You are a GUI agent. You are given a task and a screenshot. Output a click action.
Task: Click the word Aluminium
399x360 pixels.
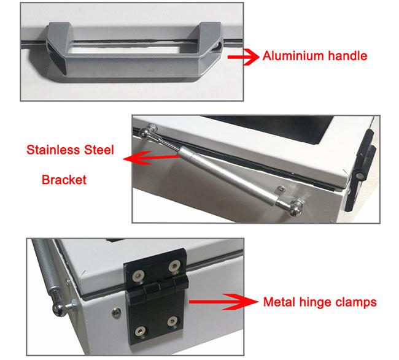pyautogui.click(x=293, y=56)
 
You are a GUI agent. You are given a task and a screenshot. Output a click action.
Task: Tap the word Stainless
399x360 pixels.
pyautogui.click(x=53, y=150)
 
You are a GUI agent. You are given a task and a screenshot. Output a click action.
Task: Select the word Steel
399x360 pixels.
pyautogui.click(x=99, y=150)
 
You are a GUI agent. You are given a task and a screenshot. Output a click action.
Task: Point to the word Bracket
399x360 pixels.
pyautogui.click(x=64, y=180)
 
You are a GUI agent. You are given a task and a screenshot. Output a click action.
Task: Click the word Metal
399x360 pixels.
pyautogui.click(x=279, y=302)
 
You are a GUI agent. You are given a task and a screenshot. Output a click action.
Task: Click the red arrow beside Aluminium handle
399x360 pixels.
pyautogui.click(x=243, y=57)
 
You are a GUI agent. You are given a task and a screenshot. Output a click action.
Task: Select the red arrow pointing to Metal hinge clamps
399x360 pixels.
pyautogui.click(x=223, y=302)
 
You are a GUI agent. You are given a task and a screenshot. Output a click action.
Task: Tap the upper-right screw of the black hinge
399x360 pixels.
pyautogui.click(x=174, y=266)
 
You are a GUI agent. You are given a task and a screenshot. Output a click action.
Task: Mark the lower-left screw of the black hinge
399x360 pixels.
pyautogui.click(x=140, y=331)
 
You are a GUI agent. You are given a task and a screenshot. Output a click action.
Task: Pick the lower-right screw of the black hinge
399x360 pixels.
pyautogui.click(x=172, y=321)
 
